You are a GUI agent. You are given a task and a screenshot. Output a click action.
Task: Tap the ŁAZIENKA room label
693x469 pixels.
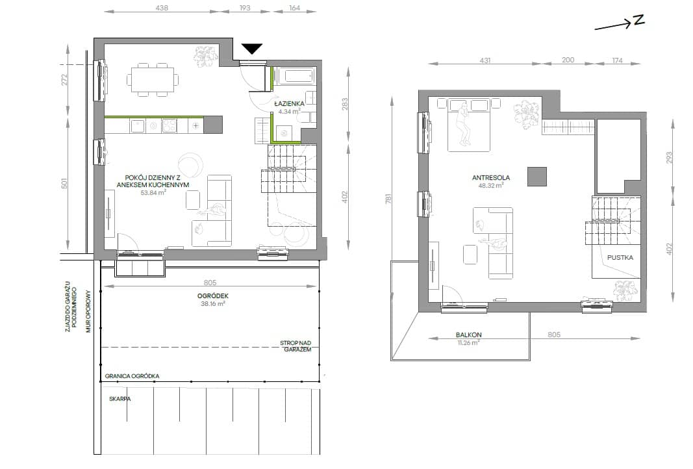290,103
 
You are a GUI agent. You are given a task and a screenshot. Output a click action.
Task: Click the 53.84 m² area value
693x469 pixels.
153,193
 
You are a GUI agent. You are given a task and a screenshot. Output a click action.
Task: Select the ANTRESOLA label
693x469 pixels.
490,178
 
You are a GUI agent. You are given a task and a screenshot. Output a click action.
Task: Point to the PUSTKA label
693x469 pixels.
620,257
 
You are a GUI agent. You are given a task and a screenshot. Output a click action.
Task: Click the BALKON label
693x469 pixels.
468,335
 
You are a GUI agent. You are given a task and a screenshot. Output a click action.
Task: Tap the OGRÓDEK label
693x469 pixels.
213,296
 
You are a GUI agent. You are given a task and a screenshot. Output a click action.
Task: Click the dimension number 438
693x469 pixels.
162,8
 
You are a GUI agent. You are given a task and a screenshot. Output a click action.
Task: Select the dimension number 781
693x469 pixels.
388,199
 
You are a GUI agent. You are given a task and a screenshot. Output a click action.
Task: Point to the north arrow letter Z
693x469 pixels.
639,20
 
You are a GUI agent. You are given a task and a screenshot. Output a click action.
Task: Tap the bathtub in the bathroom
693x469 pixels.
294,75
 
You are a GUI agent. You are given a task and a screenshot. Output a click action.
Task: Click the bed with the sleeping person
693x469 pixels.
468,125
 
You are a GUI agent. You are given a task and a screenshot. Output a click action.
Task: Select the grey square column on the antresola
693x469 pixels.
537,177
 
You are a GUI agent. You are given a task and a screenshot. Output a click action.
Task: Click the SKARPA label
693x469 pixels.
120,399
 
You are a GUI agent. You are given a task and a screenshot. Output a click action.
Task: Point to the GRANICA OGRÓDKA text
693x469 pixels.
132,376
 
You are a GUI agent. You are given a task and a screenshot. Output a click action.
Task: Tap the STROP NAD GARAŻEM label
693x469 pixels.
296,346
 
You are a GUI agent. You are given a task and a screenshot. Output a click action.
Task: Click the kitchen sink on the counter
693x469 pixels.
137,126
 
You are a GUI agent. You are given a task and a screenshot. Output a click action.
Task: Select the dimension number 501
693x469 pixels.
64,183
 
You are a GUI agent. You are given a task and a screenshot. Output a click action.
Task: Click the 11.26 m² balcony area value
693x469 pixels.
468,342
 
